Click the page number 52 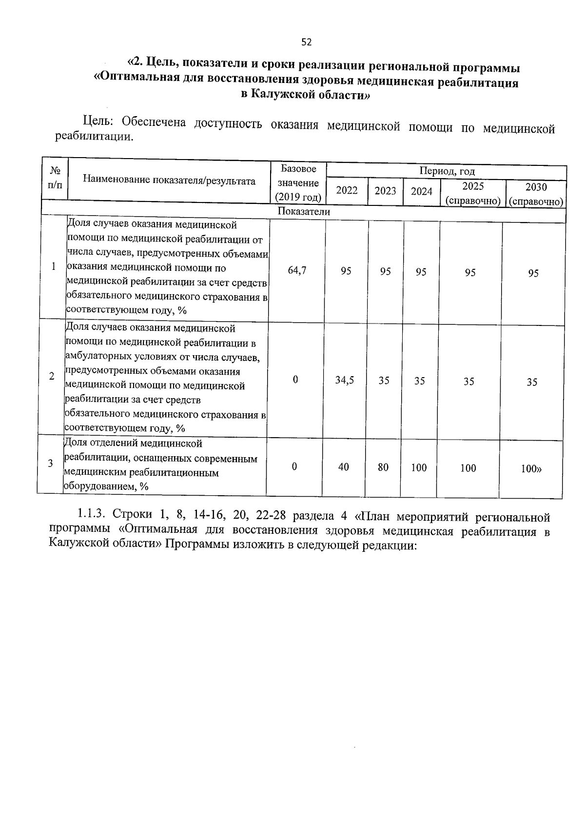[x=306, y=42]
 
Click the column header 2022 [x=347, y=190]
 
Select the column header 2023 [x=385, y=191]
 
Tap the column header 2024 [x=421, y=191]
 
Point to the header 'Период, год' [x=447, y=171]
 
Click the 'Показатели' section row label [x=304, y=212]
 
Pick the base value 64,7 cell [x=297, y=270]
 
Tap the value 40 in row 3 [x=343, y=467]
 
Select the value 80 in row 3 [x=383, y=467]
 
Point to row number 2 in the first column [x=52, y=376]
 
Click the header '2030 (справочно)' [x=535, y=194]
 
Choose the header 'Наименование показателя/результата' [x=169, y=181]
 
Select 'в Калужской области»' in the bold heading [x=306, y=95]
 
